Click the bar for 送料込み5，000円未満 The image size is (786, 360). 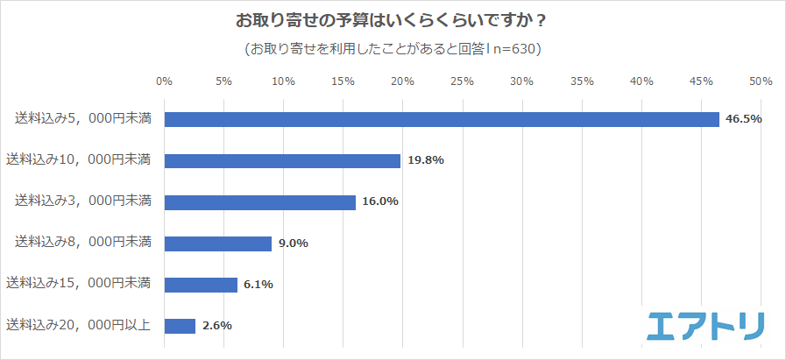tap(442, 119)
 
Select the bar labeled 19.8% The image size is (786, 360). tap(282, 160)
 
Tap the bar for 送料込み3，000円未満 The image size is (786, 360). tap(259, 201)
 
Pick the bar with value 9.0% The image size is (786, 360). tap(217, 244)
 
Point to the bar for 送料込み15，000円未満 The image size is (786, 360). tap(201, 285)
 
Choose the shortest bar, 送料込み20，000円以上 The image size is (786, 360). tap(180, 326)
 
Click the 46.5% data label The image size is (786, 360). tap(743, 119)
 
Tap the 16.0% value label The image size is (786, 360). tap(380, 201)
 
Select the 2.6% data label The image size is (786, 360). tap(216, 326)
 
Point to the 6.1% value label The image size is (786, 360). tap(258, 285)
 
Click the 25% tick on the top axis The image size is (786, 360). tap(462, 81)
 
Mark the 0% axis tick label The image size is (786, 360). tap(164, 81)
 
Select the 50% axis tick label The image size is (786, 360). tap(761, 81)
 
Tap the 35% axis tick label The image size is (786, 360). tap(582, 81)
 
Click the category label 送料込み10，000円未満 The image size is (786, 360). tap(79, 159)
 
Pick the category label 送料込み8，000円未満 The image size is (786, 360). tap(83, 243)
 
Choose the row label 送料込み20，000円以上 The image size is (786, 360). tap(79, 325)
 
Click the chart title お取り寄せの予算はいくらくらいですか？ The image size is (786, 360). tap(392, 19)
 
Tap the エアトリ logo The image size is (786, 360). tap(705, 326)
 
